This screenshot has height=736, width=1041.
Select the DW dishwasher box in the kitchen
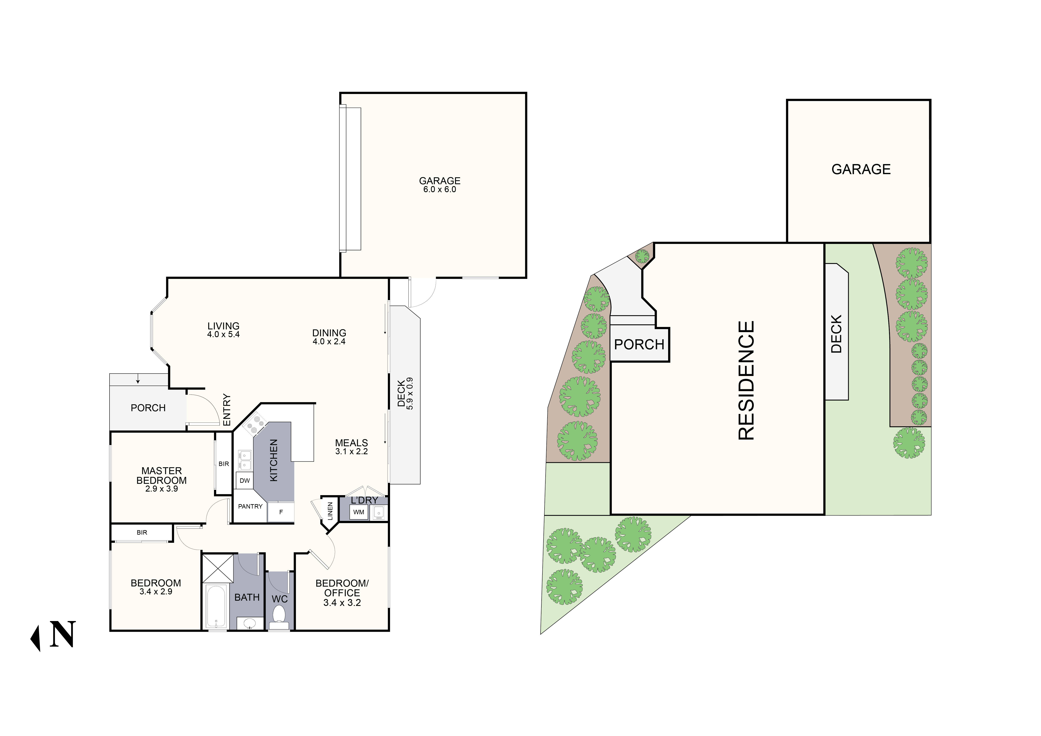(x=244, y=480)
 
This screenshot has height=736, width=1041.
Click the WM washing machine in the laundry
(x=359, y=512)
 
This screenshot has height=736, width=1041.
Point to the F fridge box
(x=281, y=512)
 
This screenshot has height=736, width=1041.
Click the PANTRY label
(x=250, y=506)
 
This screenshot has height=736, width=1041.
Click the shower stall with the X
(x=218, y=568)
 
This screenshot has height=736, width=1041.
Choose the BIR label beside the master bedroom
(x=223, y=464)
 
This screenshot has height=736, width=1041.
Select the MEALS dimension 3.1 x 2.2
(x=351, y=451)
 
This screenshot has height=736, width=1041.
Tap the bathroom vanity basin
(x=249, y=624)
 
